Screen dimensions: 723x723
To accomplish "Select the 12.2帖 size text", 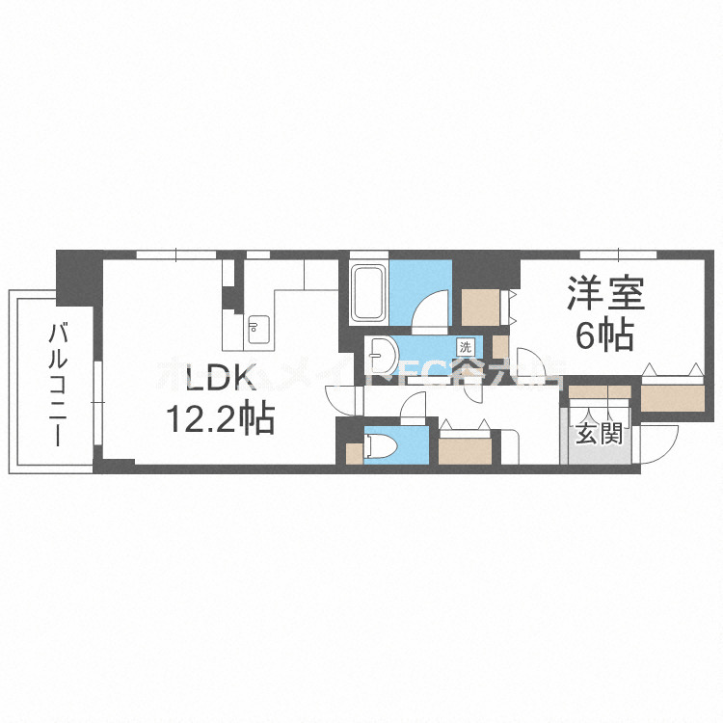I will coord(219,419).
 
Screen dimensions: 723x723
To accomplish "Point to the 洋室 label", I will coord(604,293).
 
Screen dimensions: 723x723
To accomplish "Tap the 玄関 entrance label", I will coord(598,435).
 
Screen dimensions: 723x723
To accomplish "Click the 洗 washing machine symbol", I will coord(467,346).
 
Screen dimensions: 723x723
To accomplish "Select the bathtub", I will coord(369,290).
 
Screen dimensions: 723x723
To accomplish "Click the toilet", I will coord(379,446).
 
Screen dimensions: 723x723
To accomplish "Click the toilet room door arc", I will coord(413,406).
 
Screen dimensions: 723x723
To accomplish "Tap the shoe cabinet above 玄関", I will coord(598,392).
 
